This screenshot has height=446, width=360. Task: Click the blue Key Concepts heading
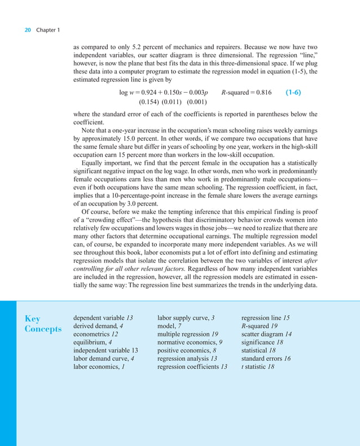point(43,323)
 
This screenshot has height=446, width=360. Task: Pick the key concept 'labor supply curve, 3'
point(186,318)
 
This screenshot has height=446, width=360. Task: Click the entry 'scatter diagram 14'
point(266,334)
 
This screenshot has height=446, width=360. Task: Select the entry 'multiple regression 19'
point(188,334)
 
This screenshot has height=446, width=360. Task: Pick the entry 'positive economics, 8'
point(185,350)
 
